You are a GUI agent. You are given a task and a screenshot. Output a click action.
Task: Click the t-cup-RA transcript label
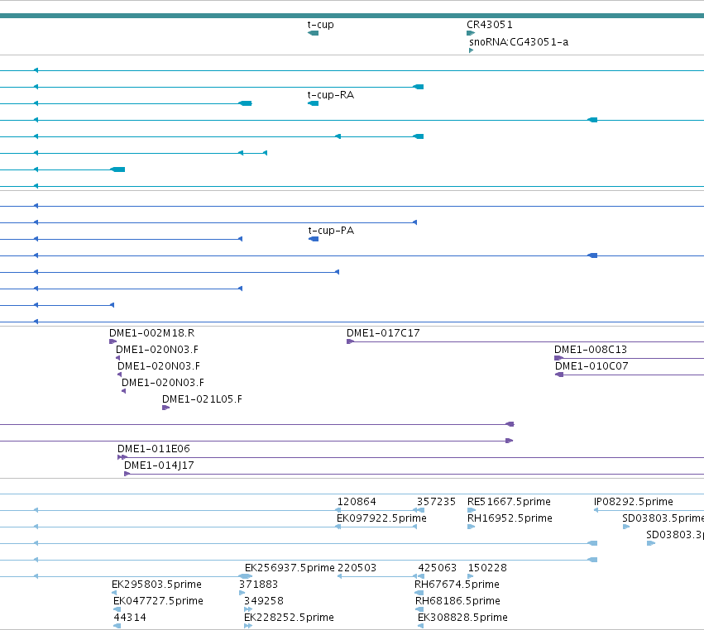coord(330,95)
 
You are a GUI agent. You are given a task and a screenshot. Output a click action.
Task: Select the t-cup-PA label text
coord(331,231)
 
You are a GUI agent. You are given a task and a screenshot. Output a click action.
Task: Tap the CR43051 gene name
coord(490,25)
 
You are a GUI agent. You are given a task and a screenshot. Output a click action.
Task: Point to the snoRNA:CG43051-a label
coord(519,42)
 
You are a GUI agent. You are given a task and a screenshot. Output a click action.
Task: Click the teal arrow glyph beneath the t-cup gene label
coord(313,33)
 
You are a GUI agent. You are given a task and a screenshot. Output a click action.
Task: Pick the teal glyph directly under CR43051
coord(471,33)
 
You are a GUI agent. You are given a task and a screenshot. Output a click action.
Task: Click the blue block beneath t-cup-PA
coord(314,239)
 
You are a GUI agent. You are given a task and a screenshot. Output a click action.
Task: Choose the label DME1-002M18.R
coord(151,333)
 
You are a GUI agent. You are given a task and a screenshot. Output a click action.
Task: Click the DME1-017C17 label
coord(383,333)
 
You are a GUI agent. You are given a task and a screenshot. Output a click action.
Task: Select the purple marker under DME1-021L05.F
coord(165,408)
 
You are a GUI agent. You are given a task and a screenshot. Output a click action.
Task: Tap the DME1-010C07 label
coord(591,366)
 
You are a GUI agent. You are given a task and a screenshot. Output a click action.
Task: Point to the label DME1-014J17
coord(159,465)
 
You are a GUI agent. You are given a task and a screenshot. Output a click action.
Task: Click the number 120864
coord(357,502)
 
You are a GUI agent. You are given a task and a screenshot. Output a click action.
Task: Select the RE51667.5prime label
coord(509,502)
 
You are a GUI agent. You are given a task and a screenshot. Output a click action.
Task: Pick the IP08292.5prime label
coord(633,502)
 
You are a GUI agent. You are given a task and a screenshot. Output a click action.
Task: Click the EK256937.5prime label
coord(290,568)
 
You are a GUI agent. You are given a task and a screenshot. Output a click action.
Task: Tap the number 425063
coord(438,568)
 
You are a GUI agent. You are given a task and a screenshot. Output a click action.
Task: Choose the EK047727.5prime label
coord(158,601)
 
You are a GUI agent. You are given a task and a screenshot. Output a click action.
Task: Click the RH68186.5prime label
coord(457,601)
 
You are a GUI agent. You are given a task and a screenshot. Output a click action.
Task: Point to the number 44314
coord(130,618)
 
